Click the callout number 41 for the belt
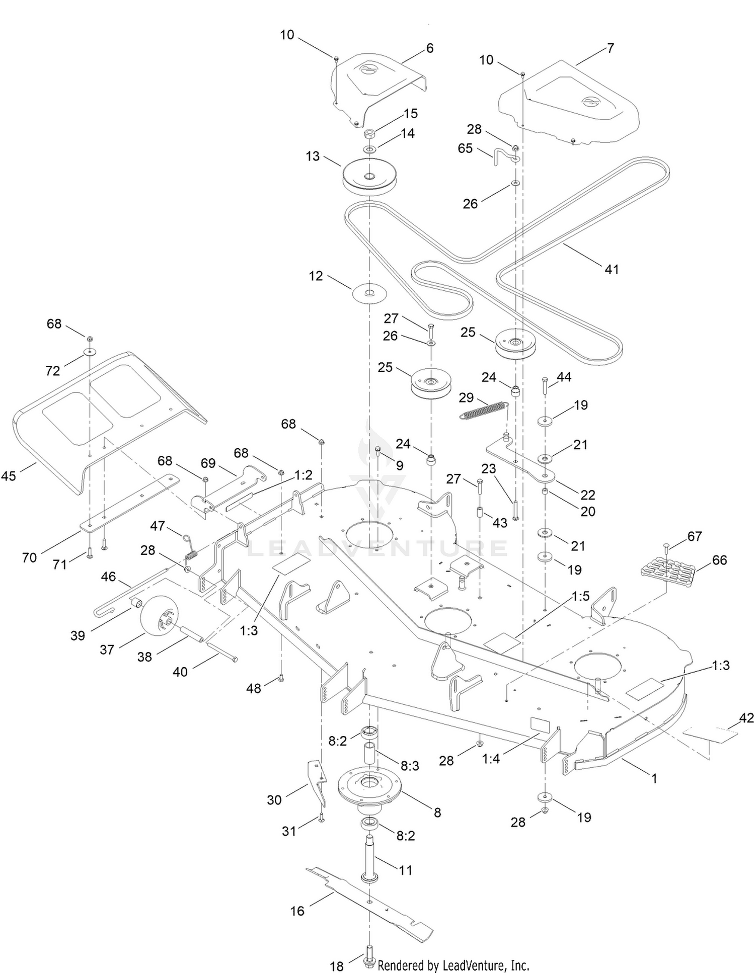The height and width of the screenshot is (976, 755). pyautogui.click(x=612, y=270)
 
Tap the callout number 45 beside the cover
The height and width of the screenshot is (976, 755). pyautogui.click(x=9, y=475)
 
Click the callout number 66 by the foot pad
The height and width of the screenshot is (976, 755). pyautogui.click(x=720, y=560)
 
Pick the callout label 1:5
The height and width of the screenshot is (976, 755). pyautogui.click(x=580, y=596)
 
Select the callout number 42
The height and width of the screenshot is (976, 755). pyautogui.click(x=746, y=718)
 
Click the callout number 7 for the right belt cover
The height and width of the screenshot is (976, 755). pyautogui.click(x=611, y=48)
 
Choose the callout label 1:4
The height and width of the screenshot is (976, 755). pyautogui.click(x=491, y=758)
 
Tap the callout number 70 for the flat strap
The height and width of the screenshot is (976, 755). pyautogui.click(x=30, y=557)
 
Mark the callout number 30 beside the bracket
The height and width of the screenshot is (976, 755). pyautogui.click(x=274, y=800)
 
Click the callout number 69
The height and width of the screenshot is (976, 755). pyautogui.click(x=208, y=463)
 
